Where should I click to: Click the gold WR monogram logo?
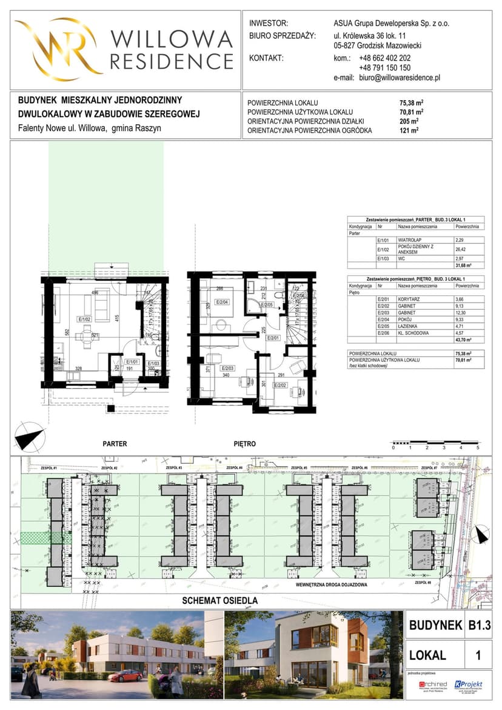click(58, 48)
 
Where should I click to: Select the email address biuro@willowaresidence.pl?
click(400, 78)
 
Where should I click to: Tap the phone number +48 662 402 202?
click(384, 58)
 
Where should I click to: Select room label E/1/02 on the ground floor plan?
click(84, 318)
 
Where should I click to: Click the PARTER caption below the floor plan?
click(115, 444)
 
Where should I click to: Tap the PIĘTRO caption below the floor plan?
click(244, 444)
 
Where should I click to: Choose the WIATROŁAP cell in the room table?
click(412, 240)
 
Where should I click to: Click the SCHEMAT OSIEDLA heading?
click(221, 600)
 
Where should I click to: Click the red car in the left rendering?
click(126, 675)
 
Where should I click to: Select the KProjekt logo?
click(469, 685)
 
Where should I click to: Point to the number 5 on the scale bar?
click(478, 447)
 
